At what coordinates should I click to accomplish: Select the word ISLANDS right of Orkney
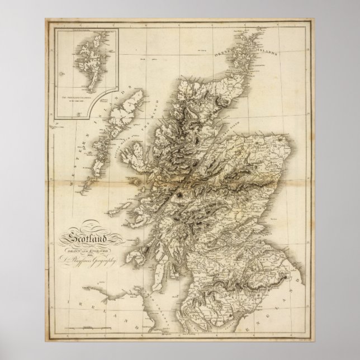click(x=266, y=54)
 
